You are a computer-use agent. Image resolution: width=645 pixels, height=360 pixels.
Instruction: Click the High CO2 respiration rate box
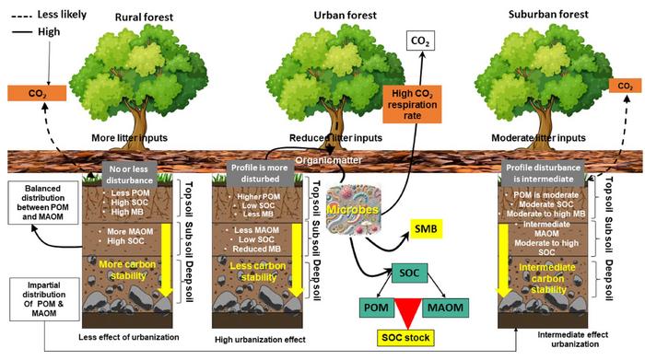tap(414, 110)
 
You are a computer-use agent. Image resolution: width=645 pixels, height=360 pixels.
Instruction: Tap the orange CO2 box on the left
tap(34, 93)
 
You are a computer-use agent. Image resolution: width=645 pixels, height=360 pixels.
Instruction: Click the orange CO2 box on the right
tap(625, 86)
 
